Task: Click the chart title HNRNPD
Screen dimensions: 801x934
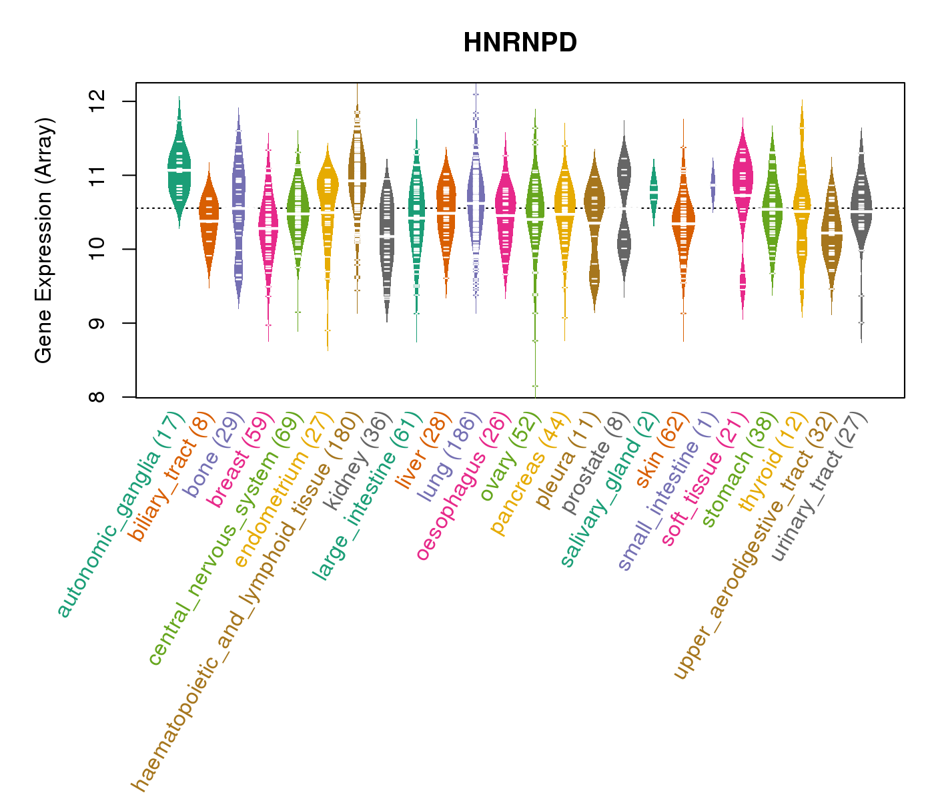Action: (x=520, y=43)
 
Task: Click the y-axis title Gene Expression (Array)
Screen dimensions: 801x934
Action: (x=44, y=240)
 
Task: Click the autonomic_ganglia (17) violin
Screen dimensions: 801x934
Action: (x=179, y=167)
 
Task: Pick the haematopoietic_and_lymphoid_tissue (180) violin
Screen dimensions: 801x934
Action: (x=357, y=174)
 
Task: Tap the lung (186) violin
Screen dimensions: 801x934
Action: (x=476, y=200)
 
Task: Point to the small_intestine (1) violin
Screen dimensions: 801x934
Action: (x=713, y=184)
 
